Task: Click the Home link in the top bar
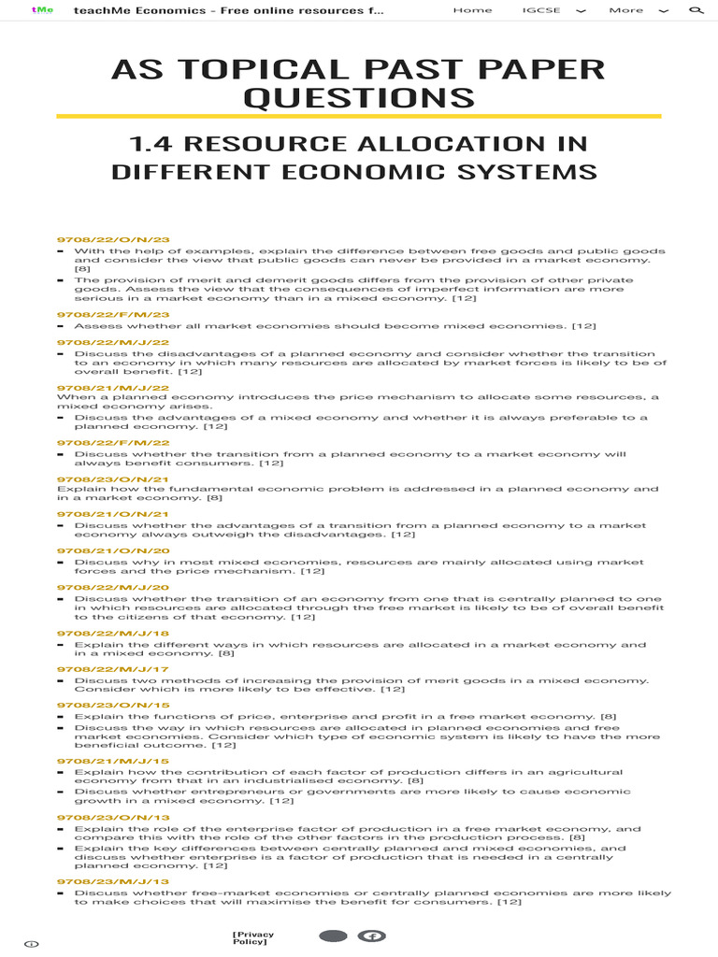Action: [472, 10]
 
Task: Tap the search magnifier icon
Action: [696, 10]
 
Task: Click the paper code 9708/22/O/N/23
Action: [113, 240]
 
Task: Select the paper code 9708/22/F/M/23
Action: [113, 315]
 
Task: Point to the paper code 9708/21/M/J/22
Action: [113, 387]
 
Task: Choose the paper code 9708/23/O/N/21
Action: [113, 478]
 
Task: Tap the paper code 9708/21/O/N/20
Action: [113, 552]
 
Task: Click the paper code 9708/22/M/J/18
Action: [113, 634]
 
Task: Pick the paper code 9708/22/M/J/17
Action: [113, 669]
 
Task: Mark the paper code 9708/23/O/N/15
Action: [113, 706]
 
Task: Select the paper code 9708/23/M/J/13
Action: [113, 881]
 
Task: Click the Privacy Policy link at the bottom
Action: [253, 938]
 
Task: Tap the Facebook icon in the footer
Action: [373, 936]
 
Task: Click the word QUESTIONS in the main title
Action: [358, 98]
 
